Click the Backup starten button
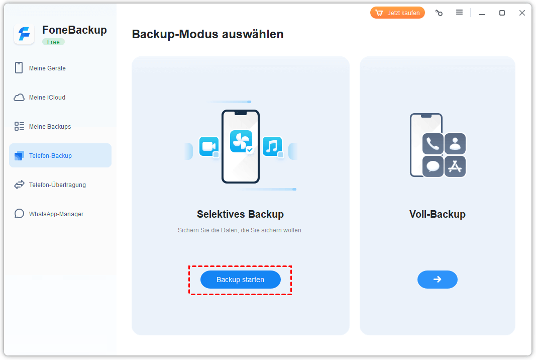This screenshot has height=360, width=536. point(240,280)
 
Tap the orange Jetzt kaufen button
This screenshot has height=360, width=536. point(397,13)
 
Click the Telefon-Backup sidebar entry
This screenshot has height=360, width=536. point(60,155)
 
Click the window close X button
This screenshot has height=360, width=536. point(522,13)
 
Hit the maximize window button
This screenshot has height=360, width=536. point(502,13)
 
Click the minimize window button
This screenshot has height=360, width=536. point(482,14)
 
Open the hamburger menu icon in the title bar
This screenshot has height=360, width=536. point(460,13)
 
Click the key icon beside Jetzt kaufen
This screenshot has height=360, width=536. point(439,13)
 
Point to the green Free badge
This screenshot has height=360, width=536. point(53,42)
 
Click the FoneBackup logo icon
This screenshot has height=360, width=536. point(24,34)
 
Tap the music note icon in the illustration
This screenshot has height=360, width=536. point(272,146)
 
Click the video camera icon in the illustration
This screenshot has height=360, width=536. point(209,146)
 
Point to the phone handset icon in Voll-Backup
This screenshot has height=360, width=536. point(433,144)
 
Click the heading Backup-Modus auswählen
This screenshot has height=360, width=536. point(208,34)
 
